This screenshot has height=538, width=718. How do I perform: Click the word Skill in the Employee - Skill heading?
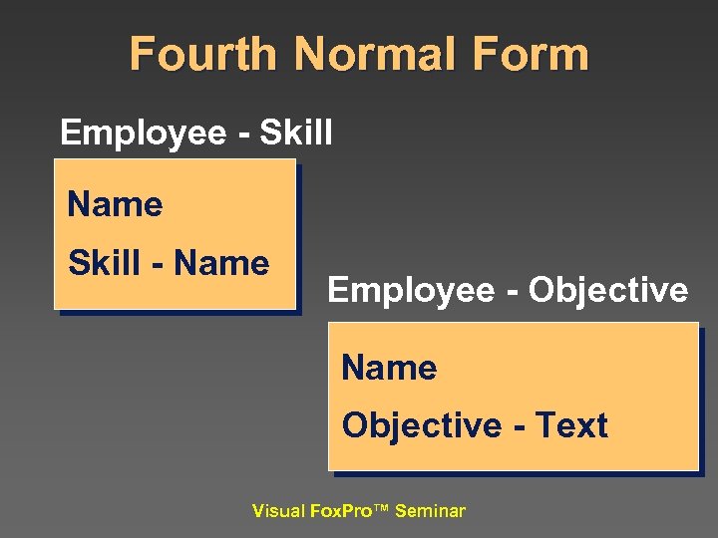point(295,133)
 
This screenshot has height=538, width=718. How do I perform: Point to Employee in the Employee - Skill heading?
point(143,133)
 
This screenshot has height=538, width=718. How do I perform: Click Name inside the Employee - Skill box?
point(115,205)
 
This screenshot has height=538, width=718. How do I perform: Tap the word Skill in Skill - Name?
point(104,264)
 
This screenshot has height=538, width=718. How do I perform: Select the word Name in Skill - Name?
point(221,264)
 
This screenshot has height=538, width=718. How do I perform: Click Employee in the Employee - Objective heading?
point(411,290)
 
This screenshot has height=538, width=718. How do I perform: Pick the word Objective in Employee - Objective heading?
point(607,290)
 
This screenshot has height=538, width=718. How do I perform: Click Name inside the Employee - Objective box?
point(389,369)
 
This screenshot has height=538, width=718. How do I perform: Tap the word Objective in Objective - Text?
point(421,426)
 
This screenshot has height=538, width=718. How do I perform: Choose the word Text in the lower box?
point(571,426)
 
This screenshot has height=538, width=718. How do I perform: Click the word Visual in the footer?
point(279,512)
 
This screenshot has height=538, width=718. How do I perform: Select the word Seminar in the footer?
point(430,512)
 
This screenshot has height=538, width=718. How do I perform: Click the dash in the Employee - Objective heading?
point(512,292)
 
